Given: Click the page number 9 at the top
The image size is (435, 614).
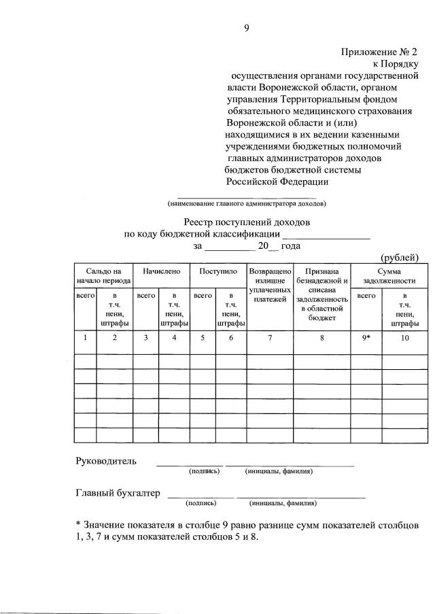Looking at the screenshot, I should click(x=247, y=28).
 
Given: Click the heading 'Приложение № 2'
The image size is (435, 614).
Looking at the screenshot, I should click(x=379, y=51).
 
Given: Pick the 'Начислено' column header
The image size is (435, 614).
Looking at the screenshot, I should click(x=161, y=271).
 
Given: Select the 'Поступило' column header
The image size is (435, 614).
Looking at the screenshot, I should click(x=217, y=271).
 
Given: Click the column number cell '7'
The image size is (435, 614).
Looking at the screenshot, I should click(x=270, y=337).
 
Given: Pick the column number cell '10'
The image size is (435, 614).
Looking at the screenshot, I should click(x=404, y=337).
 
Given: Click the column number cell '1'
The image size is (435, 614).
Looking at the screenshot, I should click(x=85, y=337).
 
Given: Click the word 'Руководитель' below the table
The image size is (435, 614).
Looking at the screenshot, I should click(x=105, y=461).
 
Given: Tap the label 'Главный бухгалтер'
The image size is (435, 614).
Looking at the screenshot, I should click(x=118, y=493).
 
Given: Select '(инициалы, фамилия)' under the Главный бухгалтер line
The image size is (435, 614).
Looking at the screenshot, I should click(x=283, y=503).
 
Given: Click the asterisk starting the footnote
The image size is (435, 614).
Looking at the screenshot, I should click(x=77, y=525).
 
